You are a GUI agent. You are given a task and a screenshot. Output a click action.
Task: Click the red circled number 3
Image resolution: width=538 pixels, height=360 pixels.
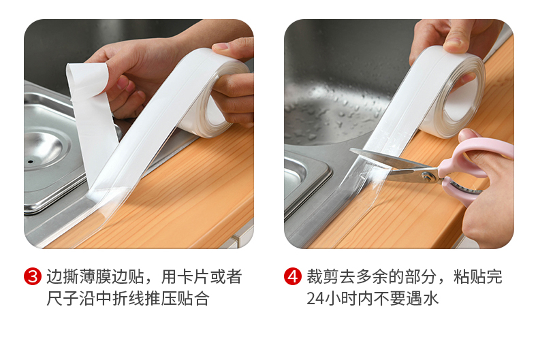pyautogui.click(x=33, y=276)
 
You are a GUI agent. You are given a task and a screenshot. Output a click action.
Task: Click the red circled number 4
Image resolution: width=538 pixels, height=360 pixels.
pyautogui.click(x=293, y=276)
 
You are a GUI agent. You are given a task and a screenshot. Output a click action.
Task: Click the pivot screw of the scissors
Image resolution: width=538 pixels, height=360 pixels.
pyautogui.click(x=428, y=177)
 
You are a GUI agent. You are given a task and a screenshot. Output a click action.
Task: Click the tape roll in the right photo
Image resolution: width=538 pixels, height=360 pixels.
pyautogui.click(x=449, y=93)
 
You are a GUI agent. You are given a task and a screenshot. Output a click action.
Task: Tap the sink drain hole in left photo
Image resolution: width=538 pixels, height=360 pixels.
pyautogui.click(x=31, y=161)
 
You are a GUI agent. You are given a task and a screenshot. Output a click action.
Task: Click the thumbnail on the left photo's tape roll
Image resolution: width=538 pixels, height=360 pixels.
pyautogui.click(x=221, y=46)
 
